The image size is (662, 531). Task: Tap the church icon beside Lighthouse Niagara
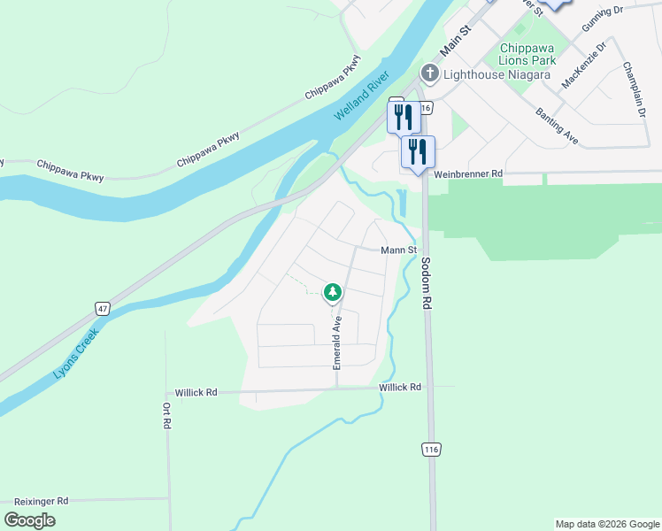point(429,73)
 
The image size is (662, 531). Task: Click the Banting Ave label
point(557,126)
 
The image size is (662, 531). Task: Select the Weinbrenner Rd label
point(468,174)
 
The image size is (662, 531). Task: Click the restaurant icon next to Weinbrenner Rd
point(418,152)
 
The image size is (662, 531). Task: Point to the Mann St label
point(398,250)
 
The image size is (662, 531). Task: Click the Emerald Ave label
point(337,342)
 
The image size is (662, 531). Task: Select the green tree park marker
point(333,291)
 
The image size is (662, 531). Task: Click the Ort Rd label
point(165,416)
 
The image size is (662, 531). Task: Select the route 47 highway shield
point(104,308)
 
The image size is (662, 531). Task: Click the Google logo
point(29,519)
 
